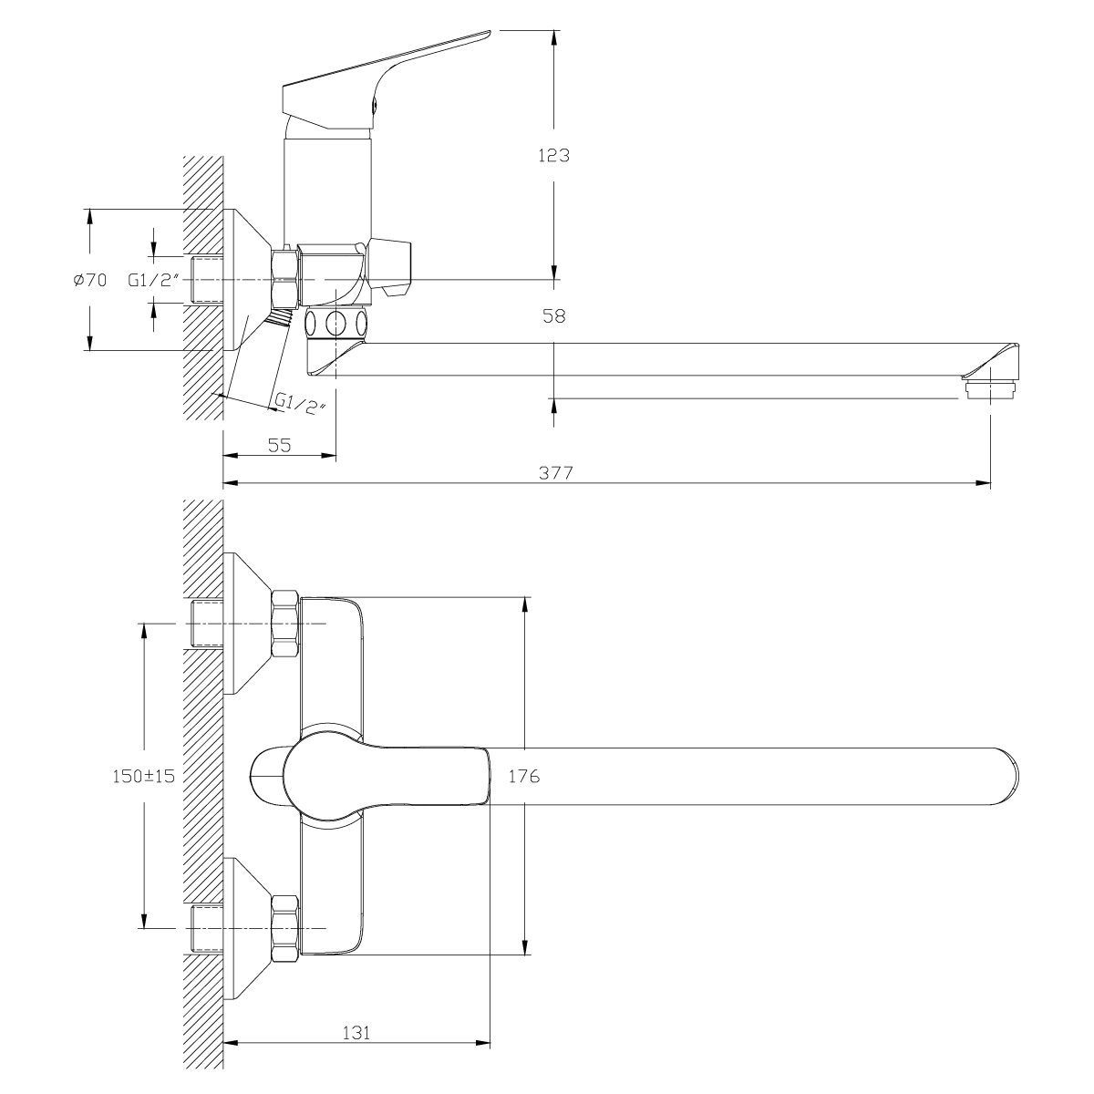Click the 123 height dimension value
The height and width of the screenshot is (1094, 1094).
click(552, 155)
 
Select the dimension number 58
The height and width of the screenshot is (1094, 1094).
click(553, 316)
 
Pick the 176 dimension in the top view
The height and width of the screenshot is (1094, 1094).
click(525, 777)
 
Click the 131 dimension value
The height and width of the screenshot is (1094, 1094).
click(356, 1033)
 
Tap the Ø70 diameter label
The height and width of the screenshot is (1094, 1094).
click(89, 281)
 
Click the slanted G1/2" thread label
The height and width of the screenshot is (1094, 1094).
click(299, 404)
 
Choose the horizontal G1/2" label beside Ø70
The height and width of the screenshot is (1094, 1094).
click(152, 281)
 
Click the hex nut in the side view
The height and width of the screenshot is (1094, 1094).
click(285, 280)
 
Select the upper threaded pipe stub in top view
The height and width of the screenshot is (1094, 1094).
click(207, 624)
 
